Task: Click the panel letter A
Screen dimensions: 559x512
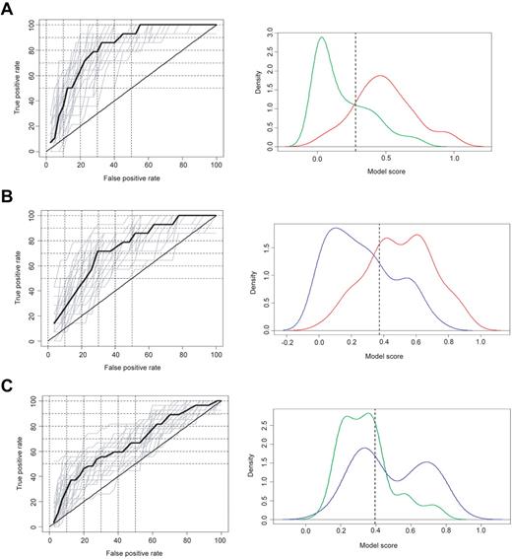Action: (x=9, y=10)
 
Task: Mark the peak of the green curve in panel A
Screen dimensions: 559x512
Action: (x=321, y=38)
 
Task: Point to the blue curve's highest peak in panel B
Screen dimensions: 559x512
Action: (x=336, y=229)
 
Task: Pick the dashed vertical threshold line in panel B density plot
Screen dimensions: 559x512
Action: (x=379, y=286)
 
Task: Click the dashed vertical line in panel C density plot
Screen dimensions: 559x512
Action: (x=375, y=463)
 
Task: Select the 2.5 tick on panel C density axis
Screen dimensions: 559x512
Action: (x=265, y=420)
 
